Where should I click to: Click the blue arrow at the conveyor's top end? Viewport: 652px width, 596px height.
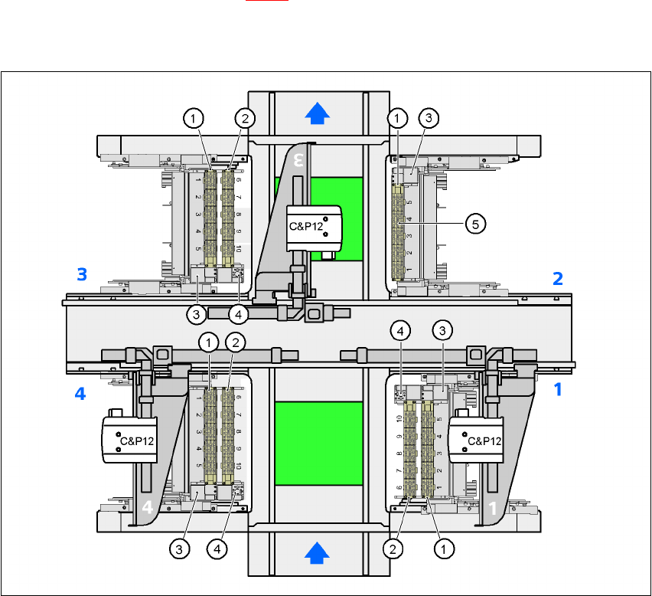tap(317, 113)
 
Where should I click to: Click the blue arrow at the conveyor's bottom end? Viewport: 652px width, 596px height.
tap(317, 551)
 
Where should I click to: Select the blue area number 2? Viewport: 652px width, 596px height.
tap(558, 278)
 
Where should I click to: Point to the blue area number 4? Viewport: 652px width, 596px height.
tap(80, 395)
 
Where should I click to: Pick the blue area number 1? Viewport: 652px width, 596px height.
tap(558, 389)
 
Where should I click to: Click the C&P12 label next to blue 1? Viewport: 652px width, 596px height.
tap(483, 440)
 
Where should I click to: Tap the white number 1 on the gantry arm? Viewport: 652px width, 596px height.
tap(494, 506)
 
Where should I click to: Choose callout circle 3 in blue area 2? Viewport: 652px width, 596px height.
tap(429, 118)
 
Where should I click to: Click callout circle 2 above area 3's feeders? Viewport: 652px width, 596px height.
tap(245, 118)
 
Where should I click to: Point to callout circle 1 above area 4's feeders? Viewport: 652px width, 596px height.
tap(208, 343)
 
